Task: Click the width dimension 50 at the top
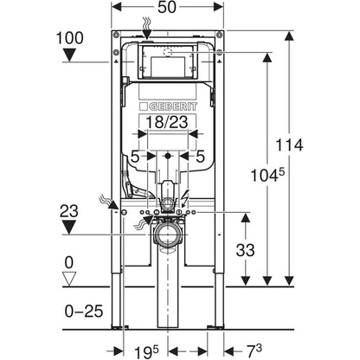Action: tap(167, 7)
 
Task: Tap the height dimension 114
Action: tap(289, 145)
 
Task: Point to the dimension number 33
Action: tap(245, 250)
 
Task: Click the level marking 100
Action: tap(70, 38)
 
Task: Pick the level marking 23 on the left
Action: tap(69, 211)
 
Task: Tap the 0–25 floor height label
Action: tap(84, 312)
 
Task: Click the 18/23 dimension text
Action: tap(167, 122)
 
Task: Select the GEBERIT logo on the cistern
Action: tap(168, 106)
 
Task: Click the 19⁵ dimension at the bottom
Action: tap(146, 351)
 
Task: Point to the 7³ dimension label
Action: tap(254, 350)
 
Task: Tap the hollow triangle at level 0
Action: tap(69, 279)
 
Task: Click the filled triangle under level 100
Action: tap(69, 55)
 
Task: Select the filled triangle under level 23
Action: tap(69, 228)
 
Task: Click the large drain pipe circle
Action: tap(168, 234)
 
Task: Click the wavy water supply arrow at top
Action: tap(146, 28)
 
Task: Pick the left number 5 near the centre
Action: tap(135, 157)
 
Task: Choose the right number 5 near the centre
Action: tap(200, 157)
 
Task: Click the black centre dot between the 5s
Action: tap(168, 157)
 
